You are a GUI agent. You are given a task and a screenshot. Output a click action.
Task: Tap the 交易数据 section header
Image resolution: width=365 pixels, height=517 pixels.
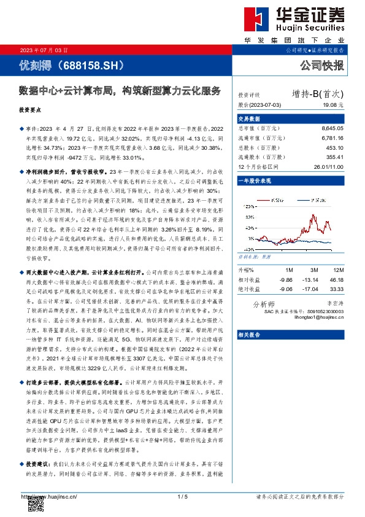(x=249, y=119)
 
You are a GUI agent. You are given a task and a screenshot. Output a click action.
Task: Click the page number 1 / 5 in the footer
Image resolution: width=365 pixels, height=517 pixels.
(x=182, y=496)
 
